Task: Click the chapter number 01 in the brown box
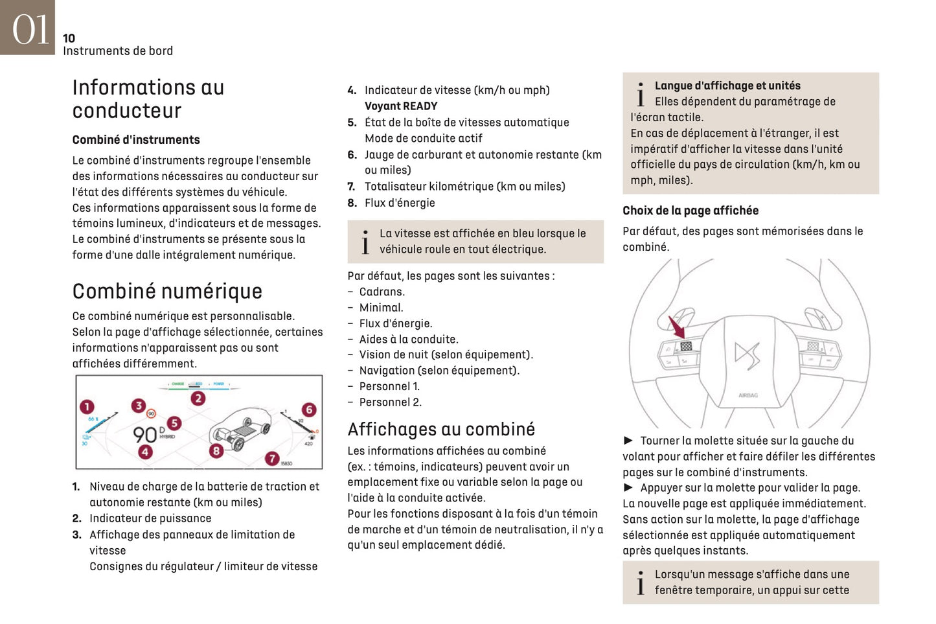[30, 29]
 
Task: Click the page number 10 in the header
[69, 38]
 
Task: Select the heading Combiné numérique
[167, 292]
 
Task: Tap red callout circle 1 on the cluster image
[87, 407]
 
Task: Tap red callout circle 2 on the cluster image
[198, 399]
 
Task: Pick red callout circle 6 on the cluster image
[309, 410]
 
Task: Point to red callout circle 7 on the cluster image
[272, 458]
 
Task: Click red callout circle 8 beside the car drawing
[216, 450]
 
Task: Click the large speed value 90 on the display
[144, 435]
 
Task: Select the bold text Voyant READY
[401, 106]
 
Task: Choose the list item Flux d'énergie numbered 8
[400, 203]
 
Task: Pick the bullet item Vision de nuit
[446, 355]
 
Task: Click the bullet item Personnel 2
[390, 402]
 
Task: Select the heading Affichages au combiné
[441, 430]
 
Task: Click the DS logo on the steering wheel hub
[747, 354]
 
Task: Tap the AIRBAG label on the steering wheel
[748, 395]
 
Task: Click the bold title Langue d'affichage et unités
[727, 86]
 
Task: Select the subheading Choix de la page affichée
[691, 211]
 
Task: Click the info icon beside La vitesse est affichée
[365, 242]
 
